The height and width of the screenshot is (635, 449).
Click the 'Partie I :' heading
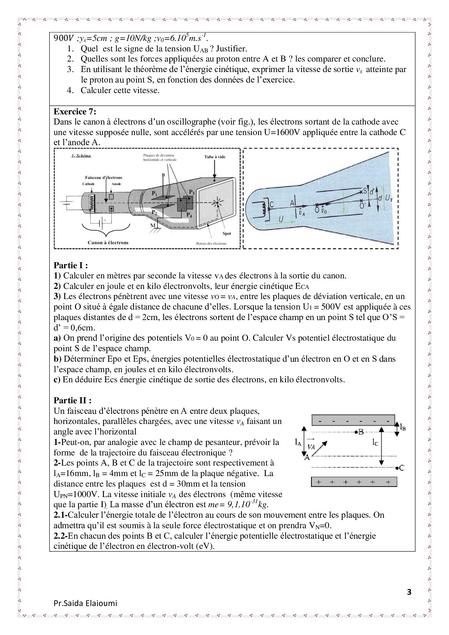[71, 265]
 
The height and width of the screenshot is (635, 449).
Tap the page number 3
[410, 592]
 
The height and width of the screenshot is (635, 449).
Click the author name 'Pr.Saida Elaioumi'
[85, 604]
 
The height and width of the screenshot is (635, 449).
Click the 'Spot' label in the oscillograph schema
[227, 234]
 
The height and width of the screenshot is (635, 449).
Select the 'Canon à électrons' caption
[108, 243]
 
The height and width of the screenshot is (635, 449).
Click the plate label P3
[191, 192]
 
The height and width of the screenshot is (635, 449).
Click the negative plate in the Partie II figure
[353, 421]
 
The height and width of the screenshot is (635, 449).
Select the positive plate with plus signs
[354, 482]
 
